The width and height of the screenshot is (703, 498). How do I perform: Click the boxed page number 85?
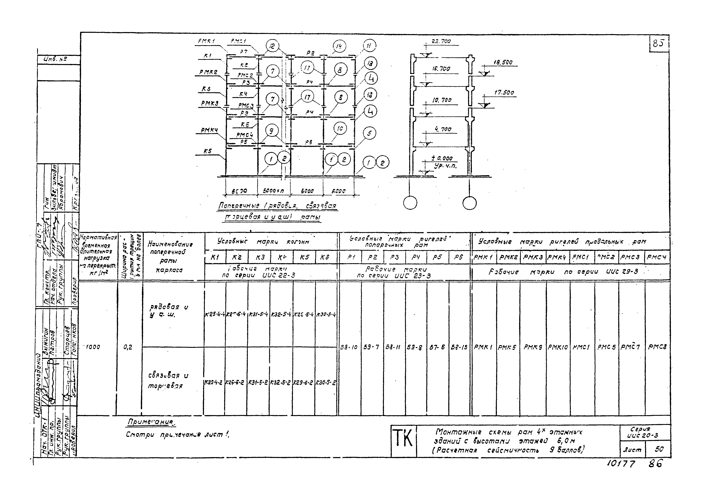click(x=658, y=44)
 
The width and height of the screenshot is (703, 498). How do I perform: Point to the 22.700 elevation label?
click(x=441, y=41)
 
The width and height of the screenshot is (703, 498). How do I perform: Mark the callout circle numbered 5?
click(x=369, y=133)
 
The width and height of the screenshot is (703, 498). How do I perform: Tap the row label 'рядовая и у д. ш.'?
click(x=169, y=311)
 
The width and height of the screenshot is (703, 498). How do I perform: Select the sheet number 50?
click(x=659, y=449)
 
